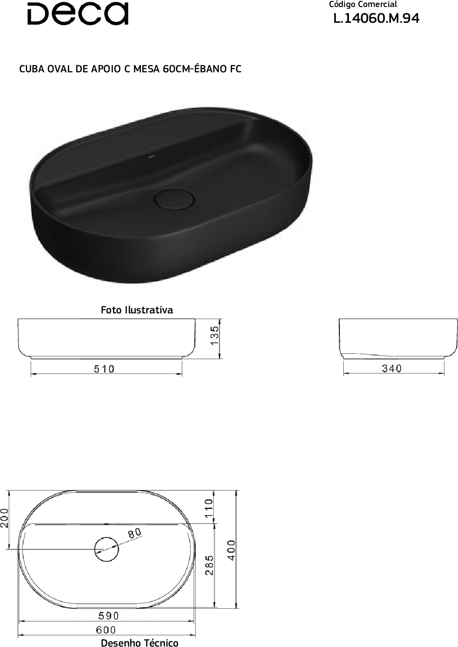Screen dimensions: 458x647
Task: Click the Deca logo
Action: pyautogui.click(x=78, y=14)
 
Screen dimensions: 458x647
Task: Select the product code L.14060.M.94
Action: pyautogui.click(x=376, y=19)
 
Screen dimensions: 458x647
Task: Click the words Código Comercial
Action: pyautogui.click(x=363, y=5)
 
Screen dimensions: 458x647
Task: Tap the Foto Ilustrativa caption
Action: pyautogui.click(x=137, y=310)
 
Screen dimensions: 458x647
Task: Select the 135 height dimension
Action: pyautogui.click(x=215, y=335)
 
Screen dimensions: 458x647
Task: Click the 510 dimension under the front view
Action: pyautogui.click(x=104, y=369)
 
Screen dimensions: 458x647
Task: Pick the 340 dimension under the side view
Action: pyautogui.click(x=391, y=368)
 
